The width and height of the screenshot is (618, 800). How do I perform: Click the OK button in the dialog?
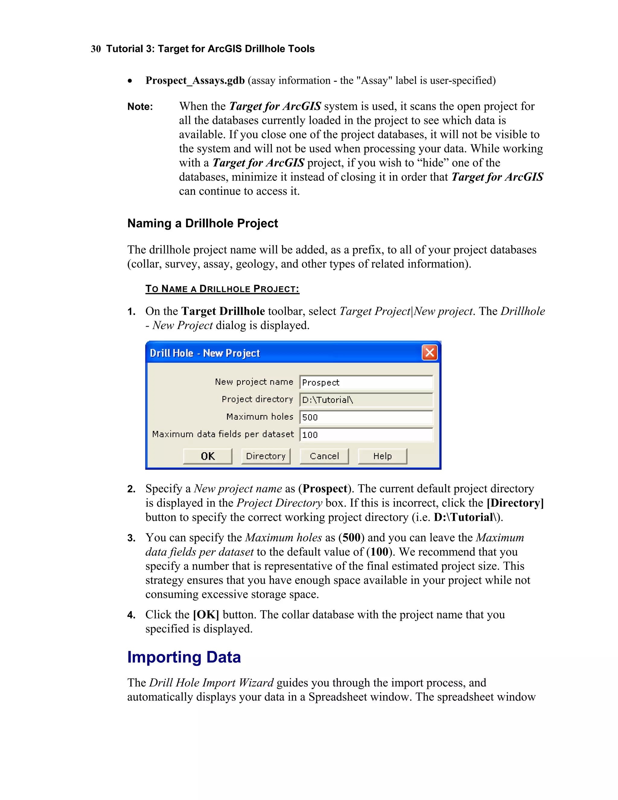tap(207, 456)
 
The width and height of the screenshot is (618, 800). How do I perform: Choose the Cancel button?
tap(324, 456)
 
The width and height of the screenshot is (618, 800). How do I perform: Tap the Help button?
tap(382, 456)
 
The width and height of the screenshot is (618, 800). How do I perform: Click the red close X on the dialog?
tap(429, 353)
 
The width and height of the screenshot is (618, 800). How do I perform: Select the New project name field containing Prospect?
tap(366, 382)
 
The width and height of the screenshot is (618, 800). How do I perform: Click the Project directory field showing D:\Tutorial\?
tap(366, 400)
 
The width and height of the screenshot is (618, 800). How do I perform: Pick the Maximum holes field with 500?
tap(366, 417)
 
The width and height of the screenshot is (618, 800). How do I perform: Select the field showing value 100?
tap(366, 435)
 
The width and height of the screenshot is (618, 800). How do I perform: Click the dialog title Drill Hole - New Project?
tap(205, 353)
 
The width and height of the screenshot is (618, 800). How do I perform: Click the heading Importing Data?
tap(184, 657)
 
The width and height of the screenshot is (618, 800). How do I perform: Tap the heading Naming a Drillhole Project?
tap(202, 223)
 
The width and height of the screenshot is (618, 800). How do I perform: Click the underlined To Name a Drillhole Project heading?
tap(222, 289)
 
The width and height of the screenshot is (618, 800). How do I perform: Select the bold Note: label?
tap(140, 107)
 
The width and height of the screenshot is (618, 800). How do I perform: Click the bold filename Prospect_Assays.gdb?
tap(195, 81)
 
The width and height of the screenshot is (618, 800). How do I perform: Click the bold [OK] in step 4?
tap(206, 615)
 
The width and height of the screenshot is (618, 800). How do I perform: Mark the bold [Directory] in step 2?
tap(515, 503)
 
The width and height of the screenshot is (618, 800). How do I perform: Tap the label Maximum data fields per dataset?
tap(223, 434)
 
